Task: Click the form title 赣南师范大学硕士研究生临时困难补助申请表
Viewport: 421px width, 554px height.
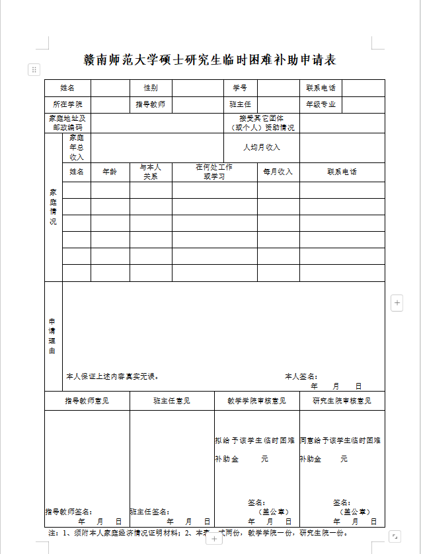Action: [x=210, y=60]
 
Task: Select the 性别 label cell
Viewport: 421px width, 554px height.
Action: [x=151, y=88]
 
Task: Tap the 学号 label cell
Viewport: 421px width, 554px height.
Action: [x=239, y=88]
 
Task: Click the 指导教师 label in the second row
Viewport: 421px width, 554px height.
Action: [x=151, y=104]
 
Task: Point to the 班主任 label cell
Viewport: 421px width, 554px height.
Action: [x=239, y=104]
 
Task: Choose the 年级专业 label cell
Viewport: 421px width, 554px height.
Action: [x=321, y=104]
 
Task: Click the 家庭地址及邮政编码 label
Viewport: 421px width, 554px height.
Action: [x=68, y=123]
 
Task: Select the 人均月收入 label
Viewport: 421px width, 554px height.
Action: [x=262, y=147]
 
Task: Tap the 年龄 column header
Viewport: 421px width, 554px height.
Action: [x=110, y=172]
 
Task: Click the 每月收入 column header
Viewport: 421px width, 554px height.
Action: [x=278, y=172]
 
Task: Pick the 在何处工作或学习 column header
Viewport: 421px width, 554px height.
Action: [x=214, y=172]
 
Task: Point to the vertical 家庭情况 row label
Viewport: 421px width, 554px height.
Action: [x=53, y=207]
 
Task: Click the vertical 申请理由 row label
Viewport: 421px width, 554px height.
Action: [x=53, y=336]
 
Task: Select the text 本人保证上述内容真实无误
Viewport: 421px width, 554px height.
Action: [x=112, y=376]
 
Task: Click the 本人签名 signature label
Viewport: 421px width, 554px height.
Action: [x=301, y=376]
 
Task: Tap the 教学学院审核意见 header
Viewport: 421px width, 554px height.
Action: [x=256, y=401]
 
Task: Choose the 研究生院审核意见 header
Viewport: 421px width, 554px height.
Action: [x=342, y=401]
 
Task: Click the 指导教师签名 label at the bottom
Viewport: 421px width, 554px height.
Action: [x=68, y=512]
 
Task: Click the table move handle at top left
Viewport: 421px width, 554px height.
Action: [x=34, y=69]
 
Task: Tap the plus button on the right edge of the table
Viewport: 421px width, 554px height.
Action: [x=397, y=303]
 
